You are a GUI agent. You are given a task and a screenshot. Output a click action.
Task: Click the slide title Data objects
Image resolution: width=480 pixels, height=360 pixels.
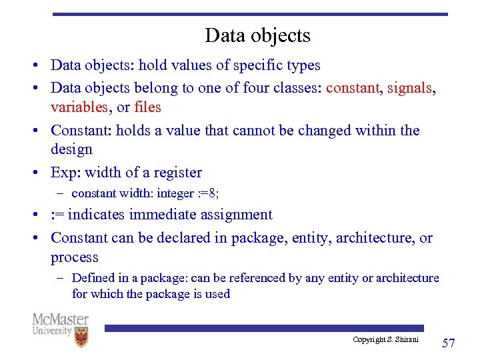(257, 35)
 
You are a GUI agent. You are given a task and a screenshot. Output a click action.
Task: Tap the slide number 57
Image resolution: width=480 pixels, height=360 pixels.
(449, 343)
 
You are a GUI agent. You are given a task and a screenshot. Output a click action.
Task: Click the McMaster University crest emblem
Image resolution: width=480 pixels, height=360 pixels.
(81, 337)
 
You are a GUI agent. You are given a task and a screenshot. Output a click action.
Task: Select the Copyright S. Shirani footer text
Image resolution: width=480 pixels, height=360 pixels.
(385, 340)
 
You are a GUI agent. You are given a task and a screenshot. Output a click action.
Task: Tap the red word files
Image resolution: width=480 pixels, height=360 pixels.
(147, 107)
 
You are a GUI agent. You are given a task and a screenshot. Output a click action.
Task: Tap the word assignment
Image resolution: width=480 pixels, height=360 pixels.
(235, 215)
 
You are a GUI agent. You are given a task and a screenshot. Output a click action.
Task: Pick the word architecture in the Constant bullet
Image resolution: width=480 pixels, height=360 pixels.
(375, 237)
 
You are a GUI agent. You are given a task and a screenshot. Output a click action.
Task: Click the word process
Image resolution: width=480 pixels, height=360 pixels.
(74, 257)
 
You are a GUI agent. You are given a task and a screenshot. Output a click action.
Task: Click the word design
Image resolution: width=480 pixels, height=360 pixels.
(71, 150)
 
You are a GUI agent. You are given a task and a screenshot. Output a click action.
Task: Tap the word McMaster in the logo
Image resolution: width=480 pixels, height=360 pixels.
(60, 319)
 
